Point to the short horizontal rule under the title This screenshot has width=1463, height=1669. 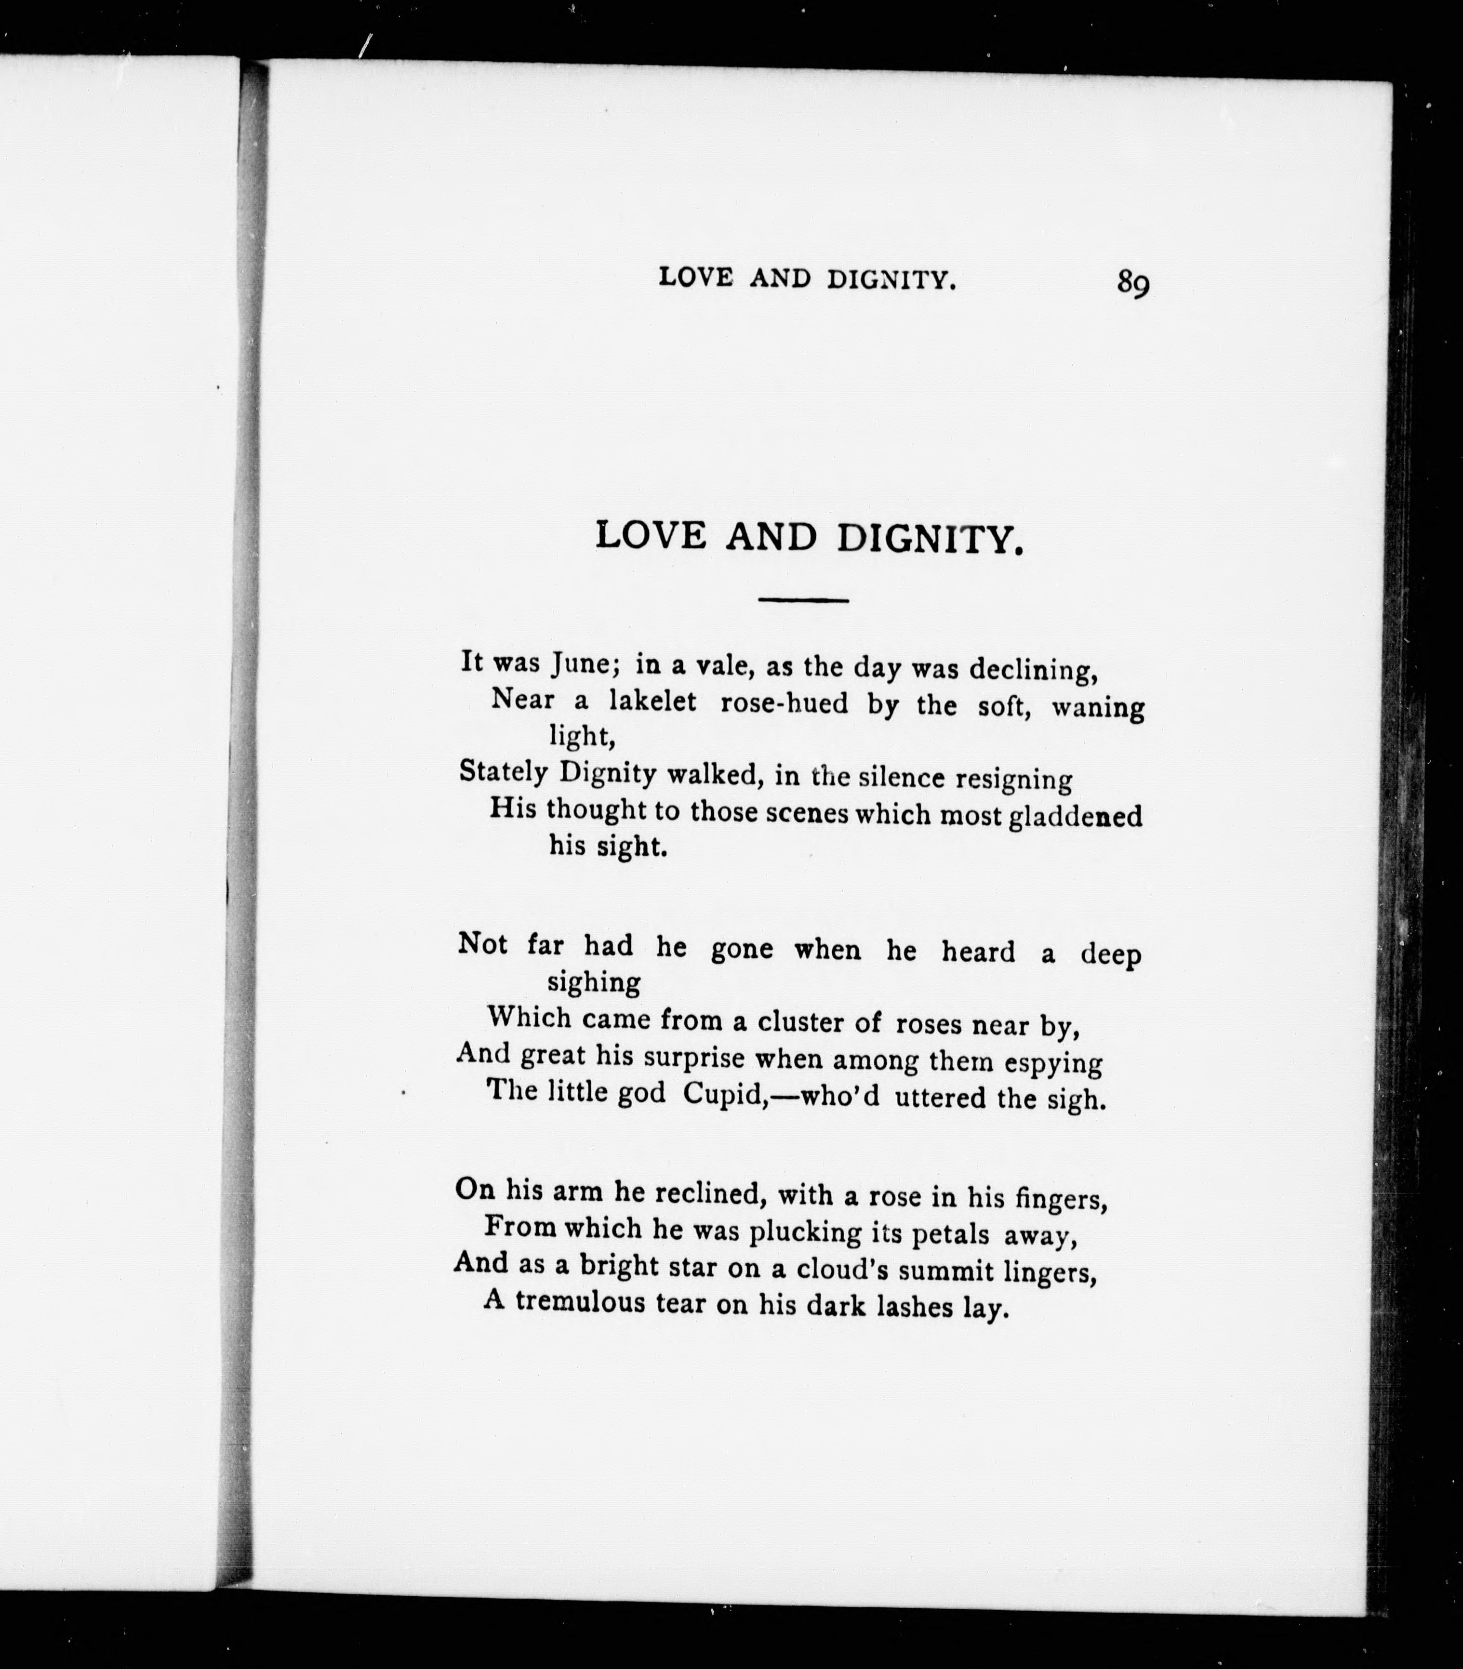click(803, 601)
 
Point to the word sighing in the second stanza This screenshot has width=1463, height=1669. click(594, 982)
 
